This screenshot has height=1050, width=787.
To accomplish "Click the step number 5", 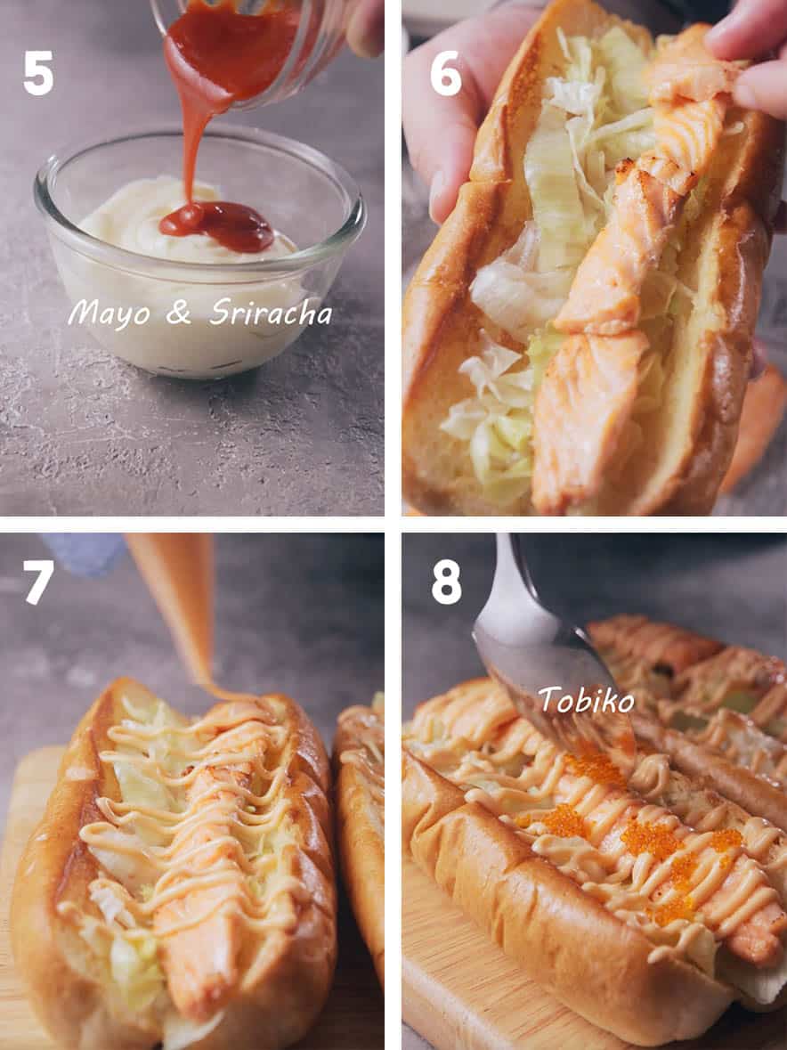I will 38,73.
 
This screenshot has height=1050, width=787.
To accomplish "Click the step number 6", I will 445,73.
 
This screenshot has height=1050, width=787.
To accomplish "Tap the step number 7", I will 38,582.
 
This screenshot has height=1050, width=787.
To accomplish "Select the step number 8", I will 446,582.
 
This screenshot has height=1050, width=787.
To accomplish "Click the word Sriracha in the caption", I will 271,312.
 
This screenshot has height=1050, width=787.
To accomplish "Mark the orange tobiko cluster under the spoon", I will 595,768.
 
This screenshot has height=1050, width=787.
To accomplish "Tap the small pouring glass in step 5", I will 267,36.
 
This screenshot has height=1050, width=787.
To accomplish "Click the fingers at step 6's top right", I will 748,53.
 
